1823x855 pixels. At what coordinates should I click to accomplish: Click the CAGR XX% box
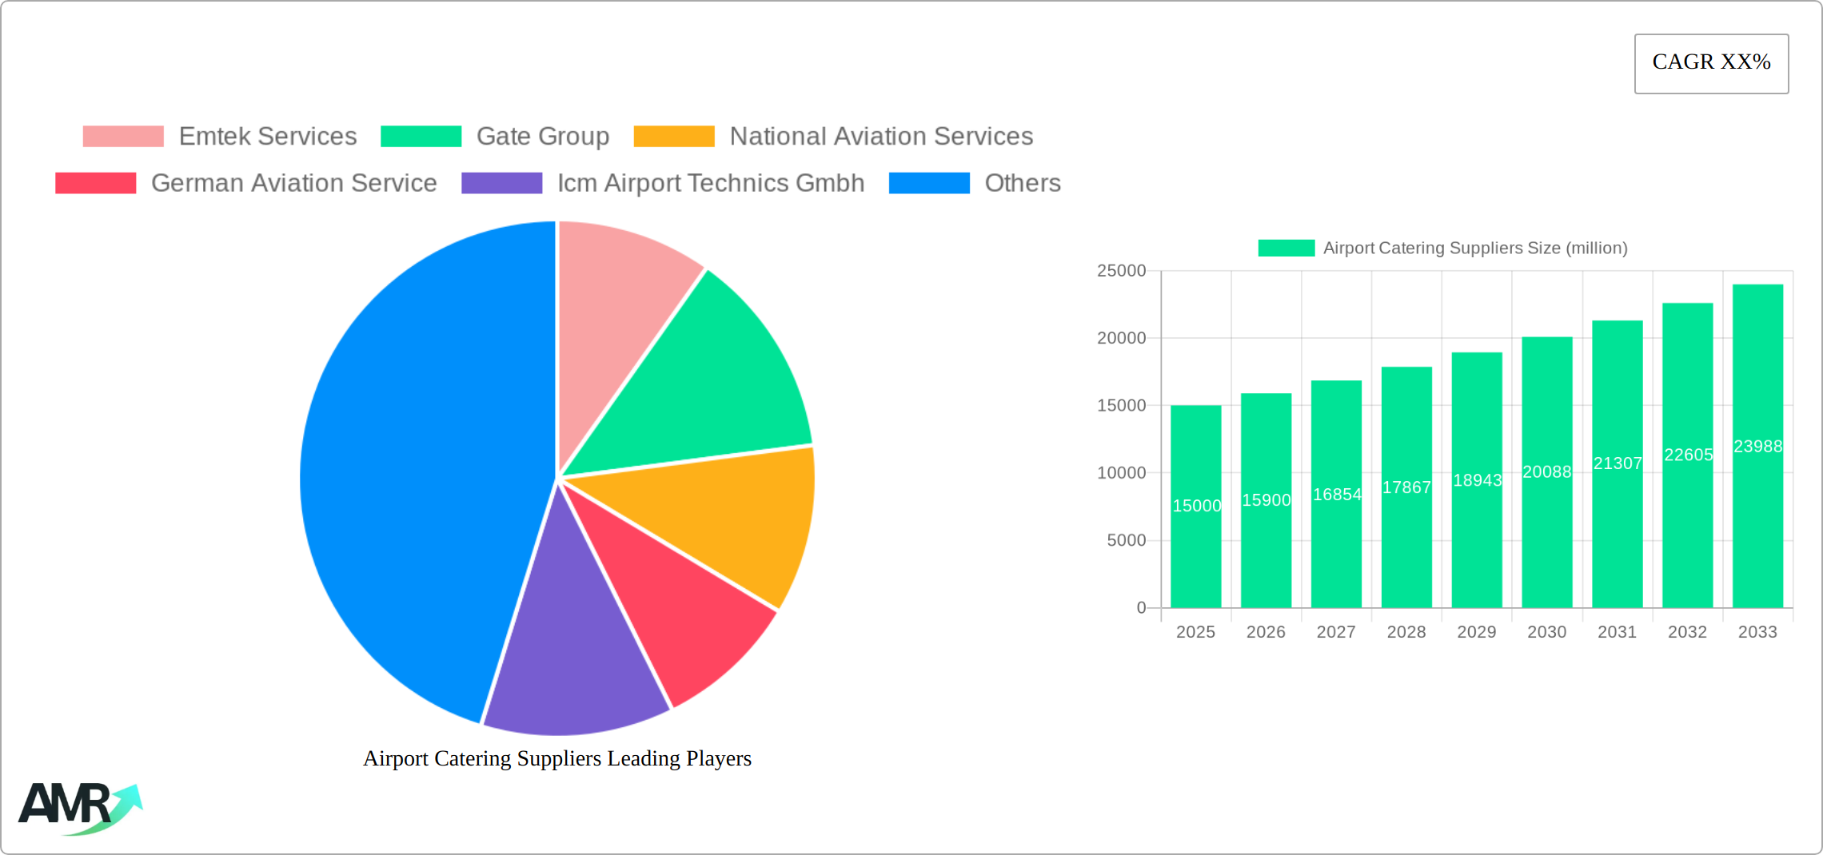click(1711, 63)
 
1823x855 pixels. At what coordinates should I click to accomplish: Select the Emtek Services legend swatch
click(123, 137)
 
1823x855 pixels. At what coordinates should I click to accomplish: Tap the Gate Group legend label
click(542, 137)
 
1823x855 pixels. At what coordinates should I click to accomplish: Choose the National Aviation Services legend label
click(880, 137)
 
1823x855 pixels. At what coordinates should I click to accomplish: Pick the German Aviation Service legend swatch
click(95, 183)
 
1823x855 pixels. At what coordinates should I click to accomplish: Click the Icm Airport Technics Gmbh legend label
click(710, 183)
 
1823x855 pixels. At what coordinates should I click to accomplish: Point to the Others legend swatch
click(929, 183)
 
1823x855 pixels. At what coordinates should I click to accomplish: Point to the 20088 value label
click(1546, 472)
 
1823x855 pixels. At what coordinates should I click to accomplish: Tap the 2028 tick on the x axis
click(1406, 632)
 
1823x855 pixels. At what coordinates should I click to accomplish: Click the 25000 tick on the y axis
click(1121, 271)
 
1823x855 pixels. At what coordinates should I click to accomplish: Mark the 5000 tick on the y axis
click(1126, 541)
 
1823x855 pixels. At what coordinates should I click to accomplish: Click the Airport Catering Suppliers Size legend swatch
click(1286, 249)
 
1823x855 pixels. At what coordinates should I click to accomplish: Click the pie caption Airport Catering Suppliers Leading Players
click(557, 758)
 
